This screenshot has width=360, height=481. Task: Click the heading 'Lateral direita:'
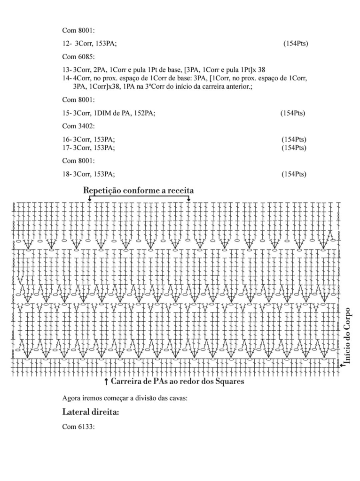click(x=90, y=413)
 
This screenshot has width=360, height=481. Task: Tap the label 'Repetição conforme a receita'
click(x=139, y=190)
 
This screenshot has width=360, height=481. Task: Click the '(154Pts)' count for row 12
click(x=296, y=43)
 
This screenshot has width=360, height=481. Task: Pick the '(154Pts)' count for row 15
click(x=293, y=113)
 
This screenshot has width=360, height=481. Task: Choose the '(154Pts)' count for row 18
click(x=294, y=174)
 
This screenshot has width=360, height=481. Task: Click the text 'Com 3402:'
click(x=78, y=126)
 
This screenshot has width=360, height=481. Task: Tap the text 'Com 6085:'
click(x=78, y=56)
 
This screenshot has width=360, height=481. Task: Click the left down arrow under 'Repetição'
click(x=89, y=199)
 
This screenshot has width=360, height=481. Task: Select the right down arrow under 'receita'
click(x=188, y=199)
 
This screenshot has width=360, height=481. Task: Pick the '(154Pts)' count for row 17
click(x=294, y=148)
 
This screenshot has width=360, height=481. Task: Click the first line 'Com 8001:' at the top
click(x=78, y=30)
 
